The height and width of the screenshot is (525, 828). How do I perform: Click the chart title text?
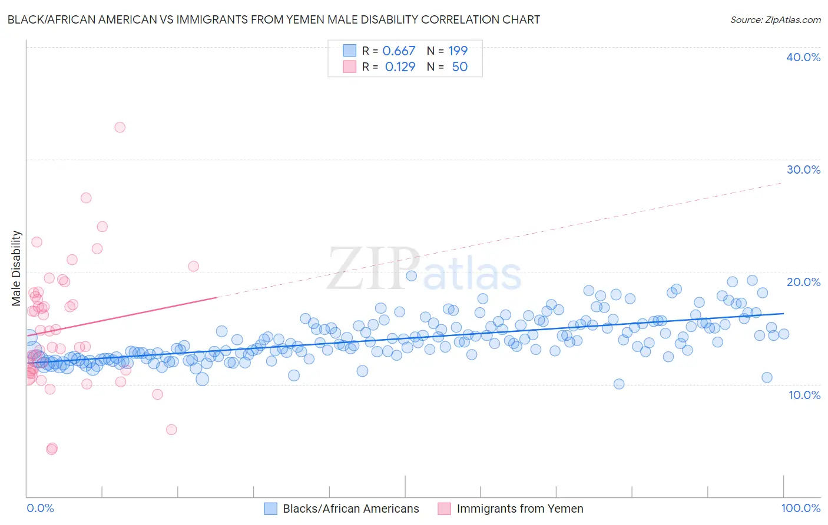pyautogui.click(x=273, y=19)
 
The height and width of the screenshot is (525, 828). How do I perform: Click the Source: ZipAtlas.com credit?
pyautogui.click(x=775, y=19)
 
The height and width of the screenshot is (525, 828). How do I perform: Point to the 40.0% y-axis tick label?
pyautogui.click(x=803, y=57)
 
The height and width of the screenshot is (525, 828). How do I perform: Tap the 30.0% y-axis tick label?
pyautogui.click(x=803, y=170)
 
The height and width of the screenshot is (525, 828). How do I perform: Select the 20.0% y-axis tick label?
pyautogui.click(x=803, y=282)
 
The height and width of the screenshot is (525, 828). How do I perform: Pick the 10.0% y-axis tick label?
pyautogui.click(x=804, y=395)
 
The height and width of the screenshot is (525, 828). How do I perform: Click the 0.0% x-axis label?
pyautogui.click(x=40, y=508)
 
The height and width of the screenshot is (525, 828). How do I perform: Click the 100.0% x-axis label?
pyautogui.click(x=800, y=508)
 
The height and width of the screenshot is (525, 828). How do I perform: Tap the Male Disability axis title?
pyautogui.click(x=16, y=268)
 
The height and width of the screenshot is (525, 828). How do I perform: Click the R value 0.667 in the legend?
pyautogui.click(x=399, y=51)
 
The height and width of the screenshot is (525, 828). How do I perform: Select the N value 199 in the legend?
pyautogui.click(x=458, y=51)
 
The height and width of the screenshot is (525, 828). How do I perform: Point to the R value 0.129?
pyautogui.click(x=400, y=67)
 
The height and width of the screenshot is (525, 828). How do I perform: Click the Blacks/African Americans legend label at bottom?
pyautogui.click(x=351, y=509)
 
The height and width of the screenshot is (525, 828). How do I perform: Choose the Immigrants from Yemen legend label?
pyautogui.click(x=519, y=509)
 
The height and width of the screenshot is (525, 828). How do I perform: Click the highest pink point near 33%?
pyautogui.click(x=120, y=127)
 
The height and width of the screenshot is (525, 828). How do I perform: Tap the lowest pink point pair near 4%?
pyautogui.click(x=52, y=448)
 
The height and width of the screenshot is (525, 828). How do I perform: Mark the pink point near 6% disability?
pyautogui.click(x=171, y=430)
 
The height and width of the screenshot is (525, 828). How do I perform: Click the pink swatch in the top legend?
pyautogui.click(x=350, y=67)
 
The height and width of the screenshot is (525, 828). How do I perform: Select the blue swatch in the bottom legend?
pyautogui.click(x=270, y=509)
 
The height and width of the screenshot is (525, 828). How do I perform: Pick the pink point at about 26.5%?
pyautogui.click(x=86, y=198)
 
